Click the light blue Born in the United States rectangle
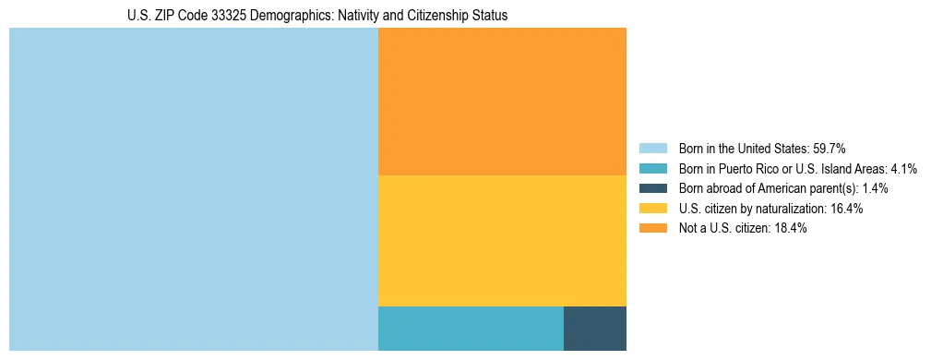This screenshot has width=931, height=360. click(194, 189)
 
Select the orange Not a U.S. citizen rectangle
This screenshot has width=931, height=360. click(502, 102)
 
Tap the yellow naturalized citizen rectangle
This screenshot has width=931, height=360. click(502, 240)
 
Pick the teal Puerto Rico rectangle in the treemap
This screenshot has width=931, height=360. click(471, 328)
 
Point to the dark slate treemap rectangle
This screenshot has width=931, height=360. click(594, 328)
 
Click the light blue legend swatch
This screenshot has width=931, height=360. click(652, 148)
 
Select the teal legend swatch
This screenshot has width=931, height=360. click(652, 168)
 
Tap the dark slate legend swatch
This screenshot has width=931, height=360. click(652, 188)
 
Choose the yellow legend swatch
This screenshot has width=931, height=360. click(652, 209)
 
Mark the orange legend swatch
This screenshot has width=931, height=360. click(652, 229)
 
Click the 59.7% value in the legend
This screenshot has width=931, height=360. click(829, 148)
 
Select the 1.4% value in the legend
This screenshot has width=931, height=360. click(875, 188)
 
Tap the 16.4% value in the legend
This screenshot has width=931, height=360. click(846, 209)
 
